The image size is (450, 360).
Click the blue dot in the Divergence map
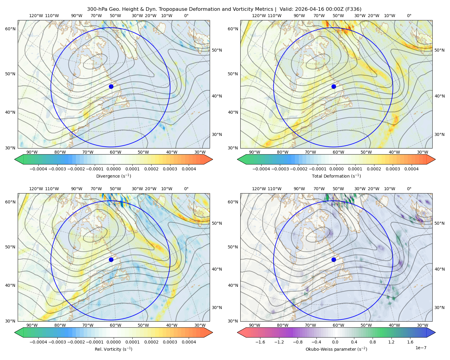[111, 86]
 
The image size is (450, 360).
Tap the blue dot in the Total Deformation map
[334, 86]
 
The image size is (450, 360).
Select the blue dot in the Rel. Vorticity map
[111, 259]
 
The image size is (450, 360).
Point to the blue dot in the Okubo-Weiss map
[334, 259]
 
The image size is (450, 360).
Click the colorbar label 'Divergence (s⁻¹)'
[113, 176]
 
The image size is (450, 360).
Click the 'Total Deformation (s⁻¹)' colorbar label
[336, 176]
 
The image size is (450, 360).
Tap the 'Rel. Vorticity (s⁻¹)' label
[113, 349]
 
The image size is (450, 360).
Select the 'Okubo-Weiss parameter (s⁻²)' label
[336, 349]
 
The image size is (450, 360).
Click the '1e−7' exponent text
[421, 348]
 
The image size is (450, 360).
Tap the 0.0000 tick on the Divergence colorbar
[113, 169]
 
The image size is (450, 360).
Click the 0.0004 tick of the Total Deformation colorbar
[411, 169]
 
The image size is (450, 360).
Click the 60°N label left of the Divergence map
[10, 29]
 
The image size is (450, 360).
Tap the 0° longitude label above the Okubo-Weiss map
[409, 189]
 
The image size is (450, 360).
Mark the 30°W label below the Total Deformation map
[422, 152]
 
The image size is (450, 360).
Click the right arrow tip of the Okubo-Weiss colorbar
[435, 332]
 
